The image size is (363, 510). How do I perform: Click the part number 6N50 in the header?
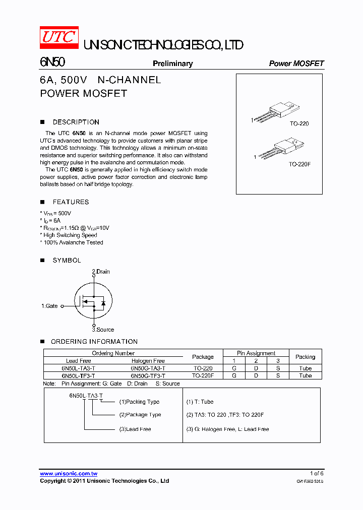(52, 62)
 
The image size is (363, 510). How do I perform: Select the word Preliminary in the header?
(172, 63)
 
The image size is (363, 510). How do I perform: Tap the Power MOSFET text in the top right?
(296, 63)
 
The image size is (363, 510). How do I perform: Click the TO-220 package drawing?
(275, 112)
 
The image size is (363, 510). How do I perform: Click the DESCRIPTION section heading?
(76, 122)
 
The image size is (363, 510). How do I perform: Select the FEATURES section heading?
(71, 202)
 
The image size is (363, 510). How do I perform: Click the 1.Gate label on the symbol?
(49, 306)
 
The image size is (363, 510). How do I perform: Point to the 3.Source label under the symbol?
(103, 330)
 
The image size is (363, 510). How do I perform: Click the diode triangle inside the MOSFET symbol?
(103, 303)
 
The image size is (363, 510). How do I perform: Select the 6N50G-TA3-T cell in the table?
(148, 368)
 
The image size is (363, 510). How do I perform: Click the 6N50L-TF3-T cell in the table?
(78, 375)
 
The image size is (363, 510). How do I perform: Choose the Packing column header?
(305, 357)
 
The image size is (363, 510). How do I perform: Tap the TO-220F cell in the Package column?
(203, 375)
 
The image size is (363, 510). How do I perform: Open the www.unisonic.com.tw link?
(69, 474)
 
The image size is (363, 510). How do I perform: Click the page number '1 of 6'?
(316, 473)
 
